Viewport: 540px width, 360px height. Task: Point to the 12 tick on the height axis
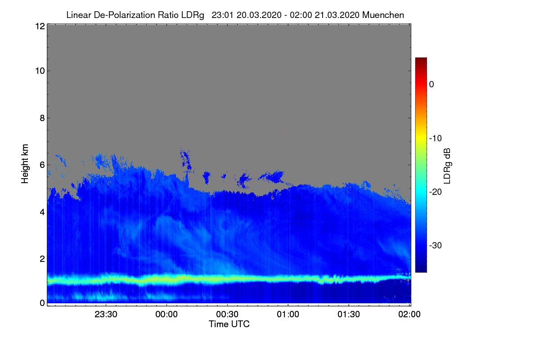coord(39,26)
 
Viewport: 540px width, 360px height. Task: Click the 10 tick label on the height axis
coord(39,71)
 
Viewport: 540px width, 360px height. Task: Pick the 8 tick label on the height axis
coord(41,118)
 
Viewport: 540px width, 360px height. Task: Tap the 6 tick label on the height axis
coord(41,165)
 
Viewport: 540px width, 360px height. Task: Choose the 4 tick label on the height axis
coord(41,211)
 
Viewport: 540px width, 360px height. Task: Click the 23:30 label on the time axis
coord(106,315)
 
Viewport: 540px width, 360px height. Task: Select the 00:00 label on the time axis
coord(166,315)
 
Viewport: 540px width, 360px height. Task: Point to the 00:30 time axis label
coord(227,315)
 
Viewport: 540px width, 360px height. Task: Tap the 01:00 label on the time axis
coord(288,315)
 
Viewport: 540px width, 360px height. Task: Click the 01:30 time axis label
coord(349,315)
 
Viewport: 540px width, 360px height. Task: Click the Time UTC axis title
coord(229,324)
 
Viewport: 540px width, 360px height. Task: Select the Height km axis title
coord(25,164)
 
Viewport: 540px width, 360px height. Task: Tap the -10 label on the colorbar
coord(436,138)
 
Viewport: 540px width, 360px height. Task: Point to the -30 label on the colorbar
coord(436,246)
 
